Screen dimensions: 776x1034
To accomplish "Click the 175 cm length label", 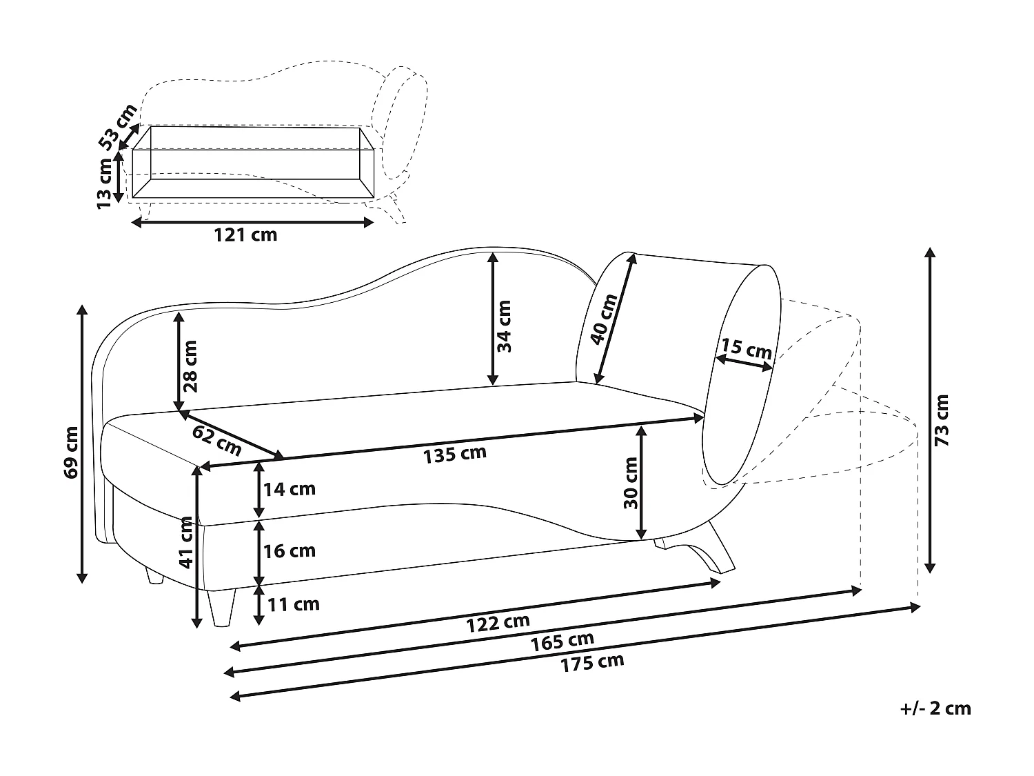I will [592, 663].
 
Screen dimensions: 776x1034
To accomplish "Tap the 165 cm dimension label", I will [562, 641].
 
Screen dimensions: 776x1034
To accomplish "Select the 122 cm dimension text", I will [498, 622].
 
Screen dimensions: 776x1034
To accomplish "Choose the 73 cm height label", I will [942, 420].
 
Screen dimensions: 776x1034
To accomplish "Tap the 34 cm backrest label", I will [505, 326].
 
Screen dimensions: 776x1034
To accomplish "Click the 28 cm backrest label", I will [191, 366].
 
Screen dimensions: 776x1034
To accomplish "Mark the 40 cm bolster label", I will [604, 319].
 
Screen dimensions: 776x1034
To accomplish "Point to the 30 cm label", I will [631, 483].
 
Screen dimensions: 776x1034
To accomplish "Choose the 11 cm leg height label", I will [293, 604].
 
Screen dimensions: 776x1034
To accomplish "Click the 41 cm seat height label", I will [186, 542].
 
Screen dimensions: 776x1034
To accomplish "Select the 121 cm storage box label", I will [245, 235].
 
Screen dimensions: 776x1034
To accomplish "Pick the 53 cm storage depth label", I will [117, 128].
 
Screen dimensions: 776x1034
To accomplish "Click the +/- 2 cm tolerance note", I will [935, 708].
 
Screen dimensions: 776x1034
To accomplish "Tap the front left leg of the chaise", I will [222, 607].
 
